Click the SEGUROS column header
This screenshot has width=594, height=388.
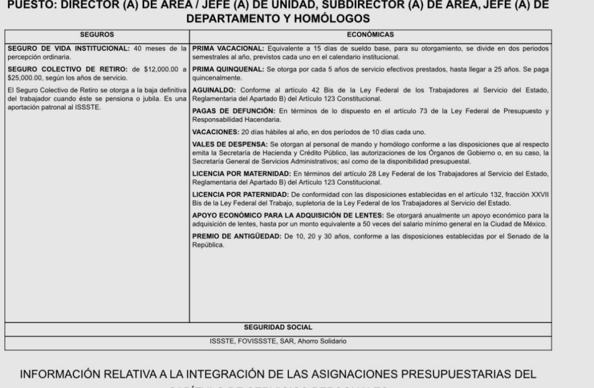(x=97, y=35)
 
